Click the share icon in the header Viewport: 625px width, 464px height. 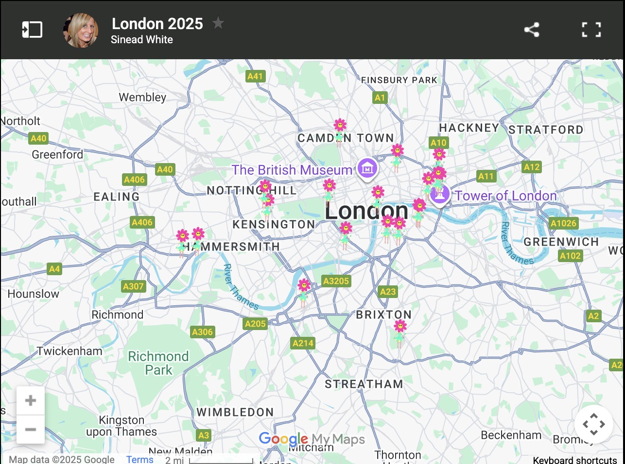point(532,30)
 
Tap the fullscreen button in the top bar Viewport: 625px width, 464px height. point(591,30)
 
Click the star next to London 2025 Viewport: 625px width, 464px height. point(218,23)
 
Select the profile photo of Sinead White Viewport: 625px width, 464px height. point(81,30)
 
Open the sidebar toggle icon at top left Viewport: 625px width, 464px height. point(32,30)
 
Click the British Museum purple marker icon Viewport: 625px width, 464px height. point(367,168)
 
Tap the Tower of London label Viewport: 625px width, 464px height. point(505,196)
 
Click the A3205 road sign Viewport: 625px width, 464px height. point(336,281)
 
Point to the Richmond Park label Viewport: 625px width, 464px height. point(158,363)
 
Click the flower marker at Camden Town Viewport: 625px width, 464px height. point(340,129)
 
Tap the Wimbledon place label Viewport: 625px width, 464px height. point(235,412)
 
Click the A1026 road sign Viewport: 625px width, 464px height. point(563,223)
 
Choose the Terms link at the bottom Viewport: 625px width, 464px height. point(139,459)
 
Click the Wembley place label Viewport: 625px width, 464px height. point(142,97)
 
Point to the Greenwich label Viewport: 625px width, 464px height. point(561,242)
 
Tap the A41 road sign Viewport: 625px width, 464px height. point(255,76)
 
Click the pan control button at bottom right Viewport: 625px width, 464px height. point(593,424)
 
